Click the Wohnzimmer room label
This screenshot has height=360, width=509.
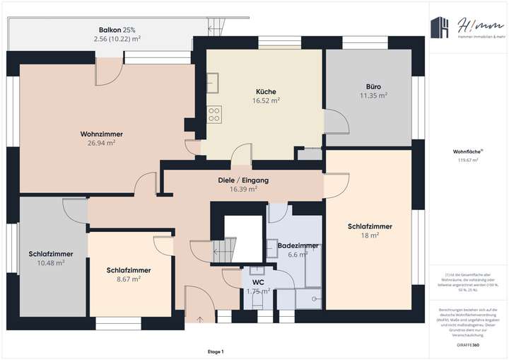[x=102, y=133]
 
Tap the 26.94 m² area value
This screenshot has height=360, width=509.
[x=102, y=142]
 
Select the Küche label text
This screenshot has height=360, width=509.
[x=266, y=91]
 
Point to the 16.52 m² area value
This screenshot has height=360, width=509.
[x=266, y=100]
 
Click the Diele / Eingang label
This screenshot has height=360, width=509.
[x=243, y=180]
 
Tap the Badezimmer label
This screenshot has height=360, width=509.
[x=298, y=245]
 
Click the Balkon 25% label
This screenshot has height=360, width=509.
[x=117, y=30]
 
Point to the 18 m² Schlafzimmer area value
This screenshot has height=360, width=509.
[x=370, y=236]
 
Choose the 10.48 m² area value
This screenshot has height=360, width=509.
[x=50, y=262]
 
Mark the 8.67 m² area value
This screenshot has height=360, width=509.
[x=129, y=279]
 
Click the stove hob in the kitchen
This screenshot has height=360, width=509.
[x=213, y=114]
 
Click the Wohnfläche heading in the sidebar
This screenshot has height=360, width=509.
[x=466, y=151]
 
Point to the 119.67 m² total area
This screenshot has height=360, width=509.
[x=466, y=161]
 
